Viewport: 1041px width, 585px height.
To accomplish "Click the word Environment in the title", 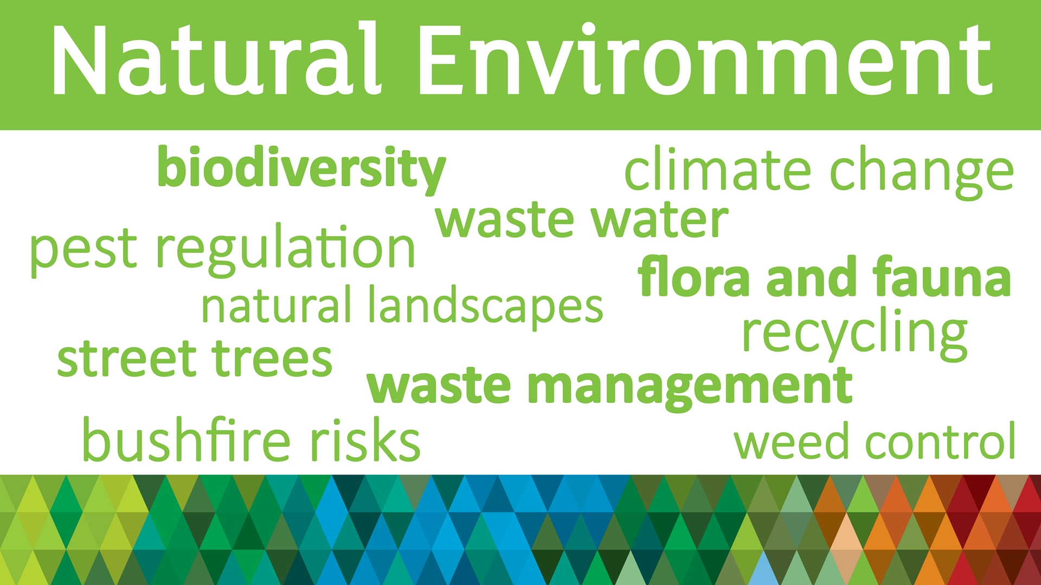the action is [x=705, y=58].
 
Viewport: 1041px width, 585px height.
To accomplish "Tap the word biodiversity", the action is [x=301, y=170].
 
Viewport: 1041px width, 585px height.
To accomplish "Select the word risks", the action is [x=365, y=440].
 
